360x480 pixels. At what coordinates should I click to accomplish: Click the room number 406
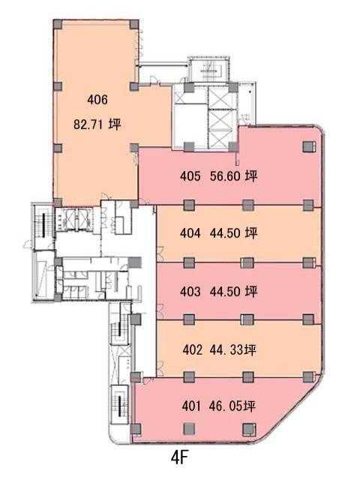tap(97, 100)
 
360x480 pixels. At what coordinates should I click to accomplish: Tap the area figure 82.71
tap(88, 124)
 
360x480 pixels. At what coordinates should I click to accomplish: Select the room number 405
tap(190, 176)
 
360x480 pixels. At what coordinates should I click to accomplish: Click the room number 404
tap(190, 233)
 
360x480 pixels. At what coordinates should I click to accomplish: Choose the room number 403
tap(190, 292)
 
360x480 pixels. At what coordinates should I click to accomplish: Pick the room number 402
tap(193, 349)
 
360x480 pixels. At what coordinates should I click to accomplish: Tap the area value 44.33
tap(226, 349)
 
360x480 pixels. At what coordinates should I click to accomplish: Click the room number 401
tap(192, 406)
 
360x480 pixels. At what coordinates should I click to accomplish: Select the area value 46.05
tap(226, 406)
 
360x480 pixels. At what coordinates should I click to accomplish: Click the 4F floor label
tap(179, 458)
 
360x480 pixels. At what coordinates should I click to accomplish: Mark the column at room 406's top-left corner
tap(58, 25)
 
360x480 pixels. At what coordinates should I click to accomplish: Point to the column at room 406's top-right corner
tap(133, 25)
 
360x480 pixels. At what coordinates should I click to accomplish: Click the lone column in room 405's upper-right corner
tap(309, 147)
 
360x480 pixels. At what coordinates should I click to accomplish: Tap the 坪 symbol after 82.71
tap(115, 124)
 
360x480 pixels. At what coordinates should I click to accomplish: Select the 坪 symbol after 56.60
tap(251, 176)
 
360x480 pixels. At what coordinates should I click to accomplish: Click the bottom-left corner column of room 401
tap(136, 429)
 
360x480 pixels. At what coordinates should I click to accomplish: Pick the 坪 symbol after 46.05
tap(250, 406)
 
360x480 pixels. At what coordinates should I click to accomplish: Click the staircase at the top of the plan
tap(208, 70)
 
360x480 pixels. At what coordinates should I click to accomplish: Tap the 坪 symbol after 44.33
tap(250, 349)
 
